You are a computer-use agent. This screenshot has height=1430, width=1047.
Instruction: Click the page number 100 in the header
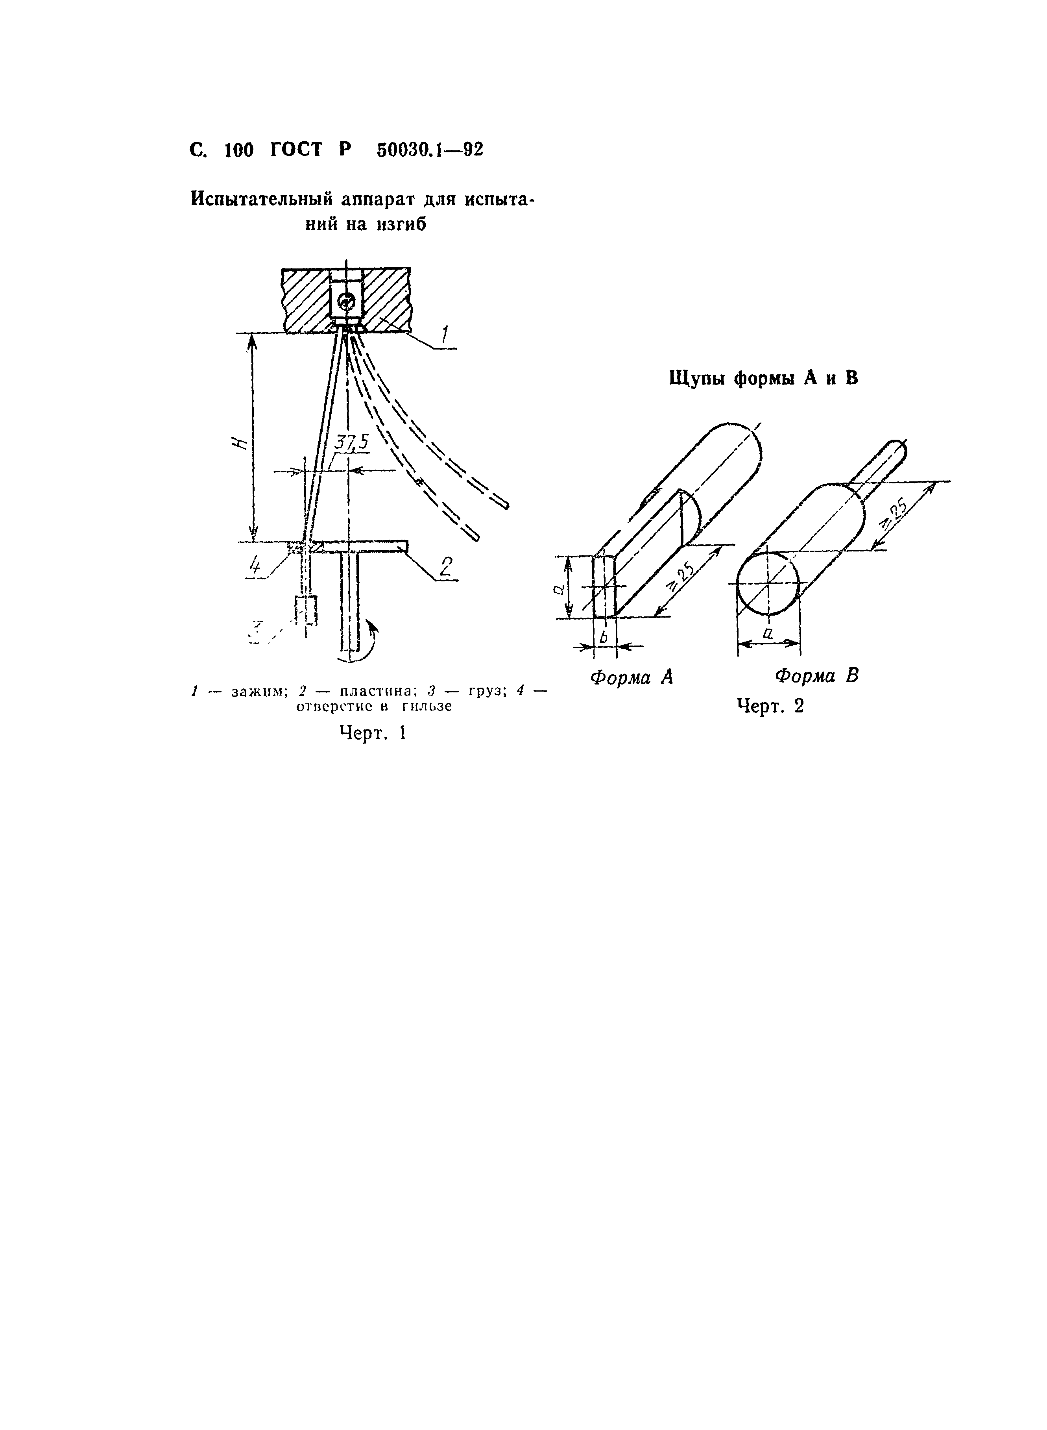pos(239,150)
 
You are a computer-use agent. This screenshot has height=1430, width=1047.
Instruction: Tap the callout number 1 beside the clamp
pos(445,334)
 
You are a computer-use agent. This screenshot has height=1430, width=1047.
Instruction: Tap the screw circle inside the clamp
pos(345,302)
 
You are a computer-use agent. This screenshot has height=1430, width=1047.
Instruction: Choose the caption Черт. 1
pos(373,733)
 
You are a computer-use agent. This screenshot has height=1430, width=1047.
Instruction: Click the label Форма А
pos(631,677)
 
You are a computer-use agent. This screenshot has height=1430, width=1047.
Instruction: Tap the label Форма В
pos(817,676)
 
